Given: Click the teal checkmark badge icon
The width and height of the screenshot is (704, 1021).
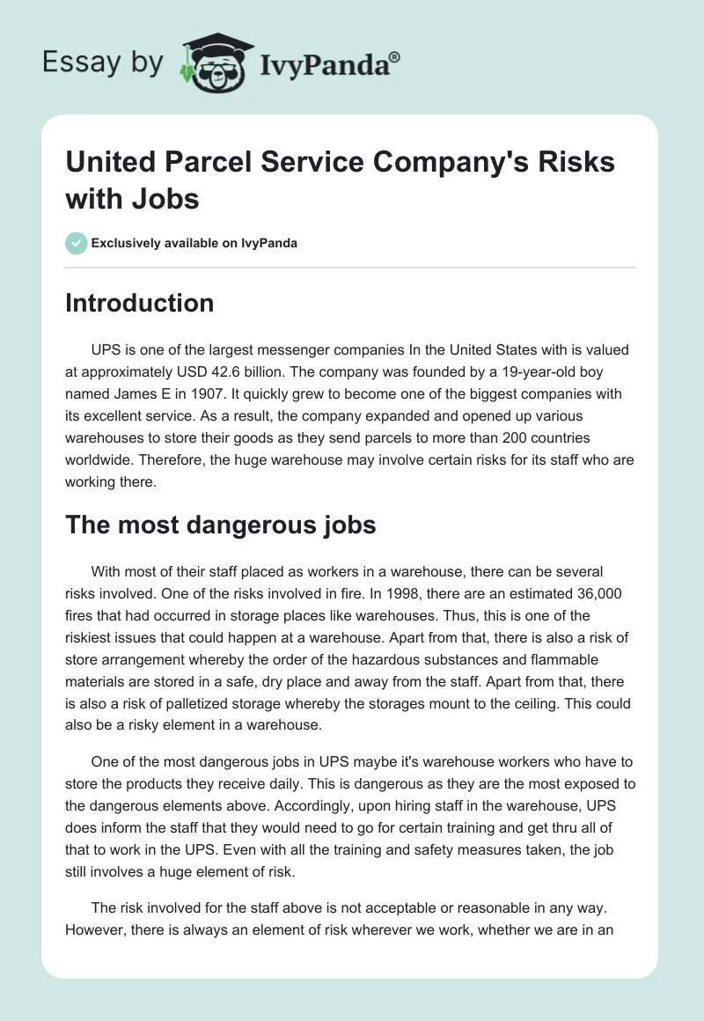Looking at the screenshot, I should click(77, 243).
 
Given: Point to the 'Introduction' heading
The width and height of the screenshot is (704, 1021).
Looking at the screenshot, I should click(140, 304).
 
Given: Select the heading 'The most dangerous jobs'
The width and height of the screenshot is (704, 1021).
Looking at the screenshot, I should click(221, 525).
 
